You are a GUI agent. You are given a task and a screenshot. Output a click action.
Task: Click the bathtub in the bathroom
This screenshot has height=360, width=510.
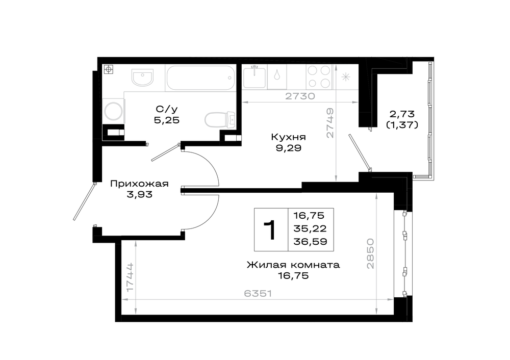coord(200,78)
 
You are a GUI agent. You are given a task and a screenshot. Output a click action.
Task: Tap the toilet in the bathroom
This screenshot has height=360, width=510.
coord(220,119)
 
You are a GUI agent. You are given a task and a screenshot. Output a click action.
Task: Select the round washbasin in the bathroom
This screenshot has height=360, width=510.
coord(142,78)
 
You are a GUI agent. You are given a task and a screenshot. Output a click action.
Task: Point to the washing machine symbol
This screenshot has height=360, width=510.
coord(114,111)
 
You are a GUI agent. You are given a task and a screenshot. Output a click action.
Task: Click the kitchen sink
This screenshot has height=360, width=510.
coord(254,77)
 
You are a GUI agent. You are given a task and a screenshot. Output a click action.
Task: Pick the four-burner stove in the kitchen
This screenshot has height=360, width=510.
coord(319,77)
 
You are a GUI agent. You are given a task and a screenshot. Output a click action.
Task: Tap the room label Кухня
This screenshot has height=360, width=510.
coord(288,137)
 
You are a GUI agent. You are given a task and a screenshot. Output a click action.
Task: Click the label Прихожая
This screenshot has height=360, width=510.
coord(139,184)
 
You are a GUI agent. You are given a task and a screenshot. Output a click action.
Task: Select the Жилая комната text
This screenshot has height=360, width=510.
coord(293,265)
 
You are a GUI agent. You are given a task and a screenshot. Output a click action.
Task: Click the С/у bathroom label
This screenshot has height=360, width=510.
coord(167,109)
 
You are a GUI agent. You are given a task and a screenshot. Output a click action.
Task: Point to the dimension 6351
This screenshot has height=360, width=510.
coord(258,294)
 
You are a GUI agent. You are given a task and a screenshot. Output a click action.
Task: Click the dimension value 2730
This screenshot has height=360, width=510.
coord(300,96)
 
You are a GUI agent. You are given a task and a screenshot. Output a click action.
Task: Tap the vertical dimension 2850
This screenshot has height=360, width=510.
coord(370,253)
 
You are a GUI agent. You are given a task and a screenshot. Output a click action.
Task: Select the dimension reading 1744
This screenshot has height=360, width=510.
coord(130,277)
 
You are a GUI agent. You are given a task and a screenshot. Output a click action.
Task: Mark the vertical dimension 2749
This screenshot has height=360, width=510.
coord(330,123)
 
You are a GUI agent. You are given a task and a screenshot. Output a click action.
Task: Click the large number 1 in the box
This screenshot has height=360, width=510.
coord(270,230)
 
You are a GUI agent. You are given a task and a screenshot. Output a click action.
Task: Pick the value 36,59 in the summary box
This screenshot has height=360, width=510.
coord(310,242)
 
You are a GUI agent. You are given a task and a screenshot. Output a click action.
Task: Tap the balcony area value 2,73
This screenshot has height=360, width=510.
coord(402,114)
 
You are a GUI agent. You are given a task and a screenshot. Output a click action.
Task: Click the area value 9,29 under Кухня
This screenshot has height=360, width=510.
coord(288,148)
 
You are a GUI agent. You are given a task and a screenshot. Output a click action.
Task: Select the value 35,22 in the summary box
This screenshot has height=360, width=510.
coord(310,228)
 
